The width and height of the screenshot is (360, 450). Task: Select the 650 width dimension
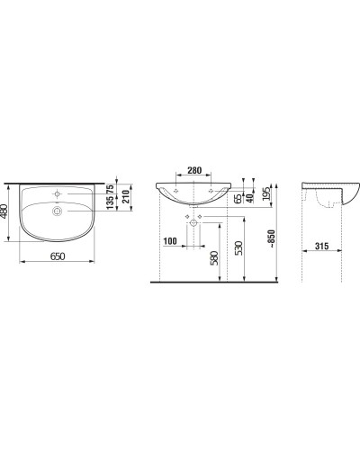[56, 257]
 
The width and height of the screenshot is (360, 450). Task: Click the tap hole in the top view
[55, 193]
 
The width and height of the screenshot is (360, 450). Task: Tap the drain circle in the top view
[56, 211]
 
